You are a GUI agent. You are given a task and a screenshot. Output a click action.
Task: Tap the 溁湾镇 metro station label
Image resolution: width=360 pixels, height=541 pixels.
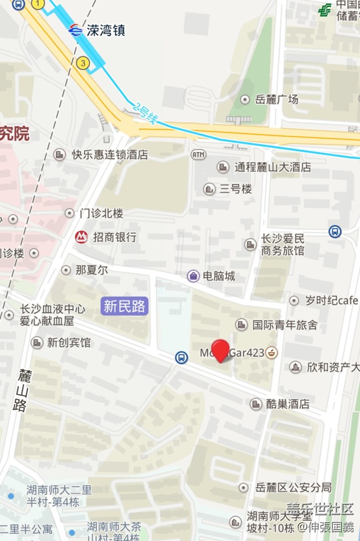105,30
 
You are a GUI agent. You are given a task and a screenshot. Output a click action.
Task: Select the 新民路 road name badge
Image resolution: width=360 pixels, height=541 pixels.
125,305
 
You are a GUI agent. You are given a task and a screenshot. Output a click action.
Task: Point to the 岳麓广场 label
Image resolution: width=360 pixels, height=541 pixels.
276,99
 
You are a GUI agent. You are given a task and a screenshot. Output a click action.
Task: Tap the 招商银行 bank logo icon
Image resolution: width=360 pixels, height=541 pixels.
81,237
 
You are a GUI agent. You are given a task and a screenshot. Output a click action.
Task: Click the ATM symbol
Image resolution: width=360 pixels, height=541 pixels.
198,155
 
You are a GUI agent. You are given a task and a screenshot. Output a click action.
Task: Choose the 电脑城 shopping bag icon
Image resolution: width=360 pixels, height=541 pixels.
193,275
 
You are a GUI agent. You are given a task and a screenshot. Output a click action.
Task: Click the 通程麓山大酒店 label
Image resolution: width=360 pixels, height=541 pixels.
272,167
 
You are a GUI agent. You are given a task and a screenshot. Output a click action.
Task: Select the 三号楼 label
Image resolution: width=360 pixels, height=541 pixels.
235,189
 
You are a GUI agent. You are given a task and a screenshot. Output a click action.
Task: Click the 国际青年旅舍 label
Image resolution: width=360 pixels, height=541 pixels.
285,325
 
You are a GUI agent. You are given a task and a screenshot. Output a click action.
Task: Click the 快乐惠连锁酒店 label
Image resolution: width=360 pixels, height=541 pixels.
110,155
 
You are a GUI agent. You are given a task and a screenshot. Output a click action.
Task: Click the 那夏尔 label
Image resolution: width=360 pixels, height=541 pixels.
91,270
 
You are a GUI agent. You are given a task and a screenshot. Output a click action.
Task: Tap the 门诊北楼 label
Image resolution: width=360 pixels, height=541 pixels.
101,213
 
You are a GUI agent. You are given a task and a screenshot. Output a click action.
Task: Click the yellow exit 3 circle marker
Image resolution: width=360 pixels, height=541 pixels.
83,63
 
